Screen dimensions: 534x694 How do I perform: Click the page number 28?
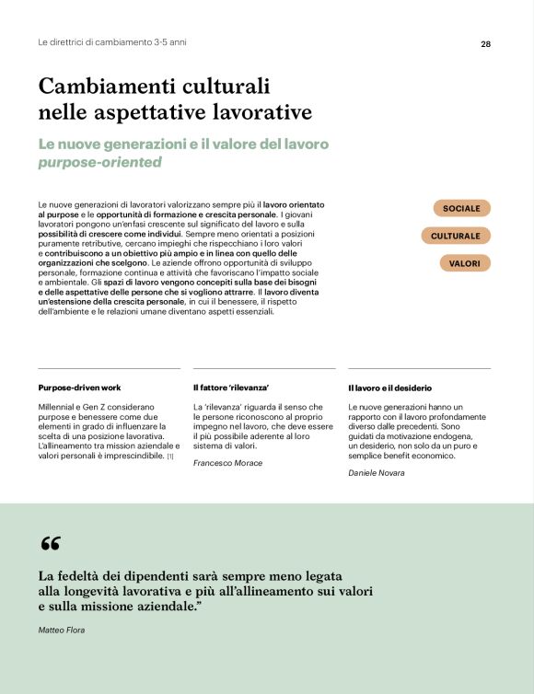(x=485, y=43)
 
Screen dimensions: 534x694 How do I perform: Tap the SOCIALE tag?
(x=461, y=208)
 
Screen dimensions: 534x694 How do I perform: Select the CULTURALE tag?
(x=456, y=236)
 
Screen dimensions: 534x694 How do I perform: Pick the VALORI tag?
(x=465, y=263)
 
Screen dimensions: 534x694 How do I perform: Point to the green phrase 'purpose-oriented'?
(x=99, y=163)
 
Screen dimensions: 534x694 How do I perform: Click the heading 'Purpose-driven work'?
(x=79, y=387)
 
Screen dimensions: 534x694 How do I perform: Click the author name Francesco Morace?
(x=227, y=463)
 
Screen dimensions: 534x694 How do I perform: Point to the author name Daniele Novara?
(x=376, y=472)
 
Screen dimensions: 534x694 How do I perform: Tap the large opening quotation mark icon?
(x=51, y=544)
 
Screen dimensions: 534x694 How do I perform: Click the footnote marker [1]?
(x=170, y=456)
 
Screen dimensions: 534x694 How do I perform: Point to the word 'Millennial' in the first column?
(x=61, y=406)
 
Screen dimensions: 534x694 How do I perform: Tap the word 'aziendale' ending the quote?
(x=166, y=607)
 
